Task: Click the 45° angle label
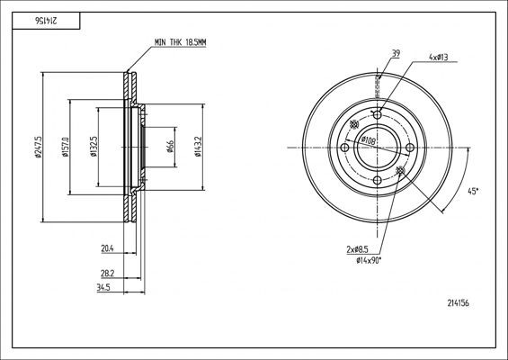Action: (474, 191)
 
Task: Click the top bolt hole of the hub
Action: (378, 114)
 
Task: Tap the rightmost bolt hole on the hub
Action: (410, 148)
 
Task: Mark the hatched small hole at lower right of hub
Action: (400, 170)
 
